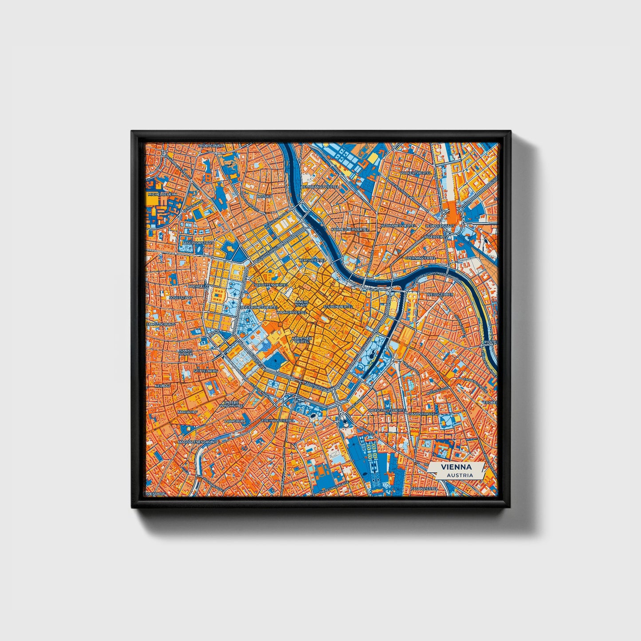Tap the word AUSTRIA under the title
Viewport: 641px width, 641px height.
point(460,475)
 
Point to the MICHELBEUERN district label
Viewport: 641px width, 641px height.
point(162,194)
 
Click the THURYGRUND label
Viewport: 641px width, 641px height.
point(211,146)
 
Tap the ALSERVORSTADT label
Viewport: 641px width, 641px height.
point(197,243)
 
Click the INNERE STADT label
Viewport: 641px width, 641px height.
point(302,304)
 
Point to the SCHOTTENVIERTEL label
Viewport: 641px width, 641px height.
point(271,285)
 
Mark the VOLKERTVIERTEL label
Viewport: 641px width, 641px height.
point(416,173)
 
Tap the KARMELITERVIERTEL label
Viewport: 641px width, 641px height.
point(350,229)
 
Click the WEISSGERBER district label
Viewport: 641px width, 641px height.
point(439,294)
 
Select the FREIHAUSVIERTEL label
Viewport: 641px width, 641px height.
point(279,420)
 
